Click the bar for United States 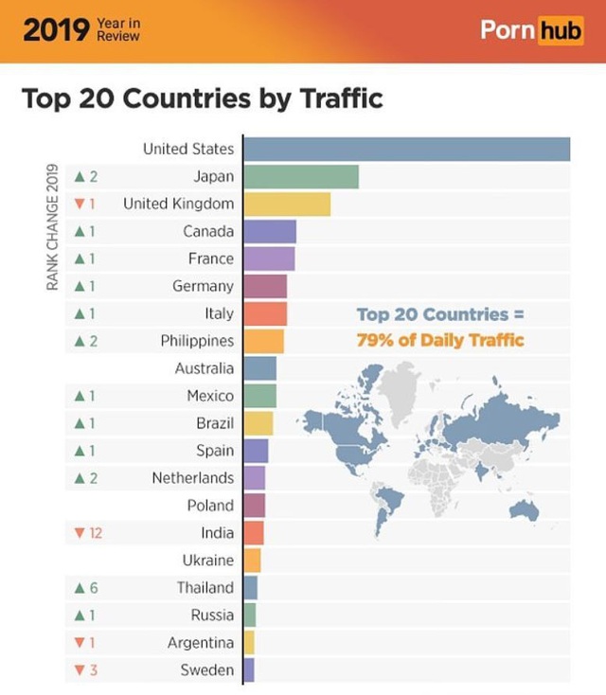[406, 150]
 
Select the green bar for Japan [301, 177]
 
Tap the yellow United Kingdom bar [287, 205]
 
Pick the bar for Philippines [263, 341]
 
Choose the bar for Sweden [249, 670]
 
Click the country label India [217, 533]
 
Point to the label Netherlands [192, 478]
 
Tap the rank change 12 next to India [96, 533]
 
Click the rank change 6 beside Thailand [94, 588]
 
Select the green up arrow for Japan [80, 177]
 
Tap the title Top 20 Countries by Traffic [202, 98]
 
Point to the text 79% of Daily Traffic [439, 340]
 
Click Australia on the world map [524, 511]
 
